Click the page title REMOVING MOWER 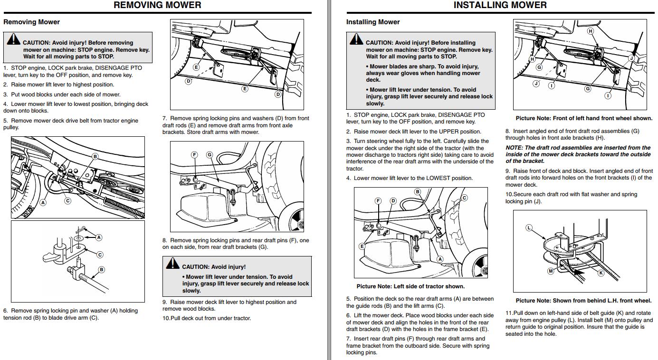click(x=157, y=5)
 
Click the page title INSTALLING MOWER click(x=500, y=5)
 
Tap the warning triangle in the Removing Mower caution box click(x=13, y=39)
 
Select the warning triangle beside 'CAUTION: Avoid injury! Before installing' click(x=356, y=39)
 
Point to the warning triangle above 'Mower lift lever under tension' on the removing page click(x=172, y=263)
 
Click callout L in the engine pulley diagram click(x=529, y=228)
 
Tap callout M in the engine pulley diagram click(x=551, y=271)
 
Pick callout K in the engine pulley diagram click(x=601, y=273)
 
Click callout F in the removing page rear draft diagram click(x=194, y=155)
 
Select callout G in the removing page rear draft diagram click(x=210, y=155)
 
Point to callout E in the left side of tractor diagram click(x=362, y=246)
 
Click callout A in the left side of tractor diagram click(x=440, y=259)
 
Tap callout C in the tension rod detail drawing click(x=100, y=255)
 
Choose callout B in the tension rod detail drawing click(x=101, y=270)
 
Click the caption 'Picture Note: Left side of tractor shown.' click(x=410, y=286)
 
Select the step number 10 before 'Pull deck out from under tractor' click(x=166, y=318)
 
